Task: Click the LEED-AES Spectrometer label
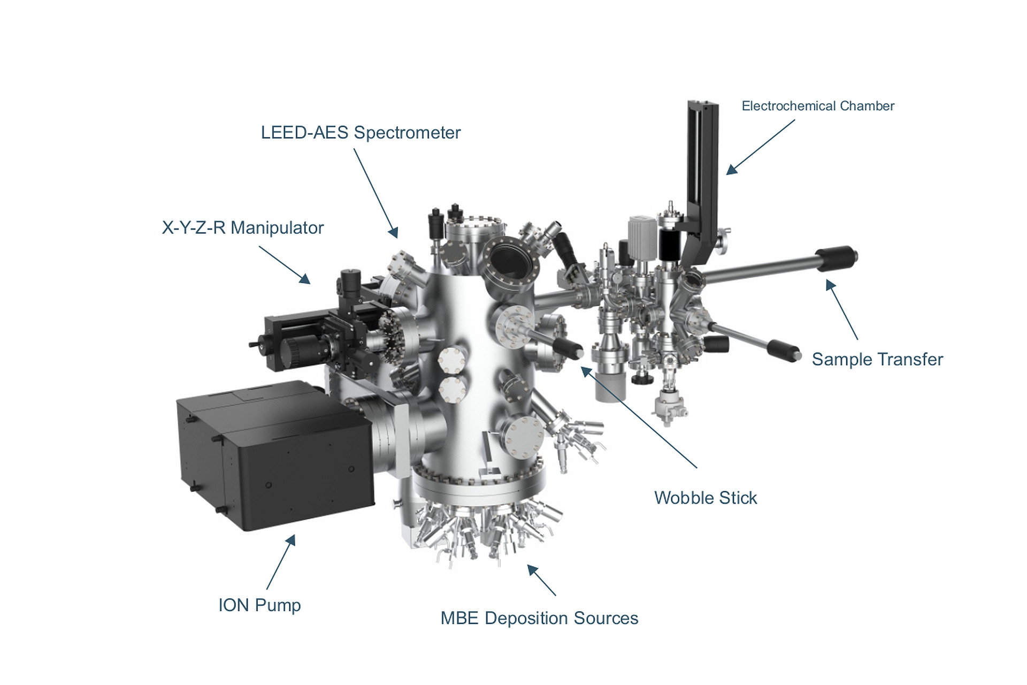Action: [x=361, y=133]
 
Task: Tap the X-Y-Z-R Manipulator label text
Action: [x=243, y=228]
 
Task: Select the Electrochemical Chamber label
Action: [x=817, y=106]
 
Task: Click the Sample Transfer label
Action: [x=877, y=359]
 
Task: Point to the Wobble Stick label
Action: [x=705, y=498]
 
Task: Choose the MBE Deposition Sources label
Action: [x=539, y=618]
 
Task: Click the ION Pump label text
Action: [x=259, y=605]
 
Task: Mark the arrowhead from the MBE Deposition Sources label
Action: [x=531, y=568]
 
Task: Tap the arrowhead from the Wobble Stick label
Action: [x=585, y=370]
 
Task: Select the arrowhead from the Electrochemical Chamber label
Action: [x=731, y=170]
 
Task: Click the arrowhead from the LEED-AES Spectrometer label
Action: [x=395, y=234]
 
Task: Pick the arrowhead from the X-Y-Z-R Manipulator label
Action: [x=306, y=280]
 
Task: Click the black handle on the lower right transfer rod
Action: [x=784, y=351]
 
